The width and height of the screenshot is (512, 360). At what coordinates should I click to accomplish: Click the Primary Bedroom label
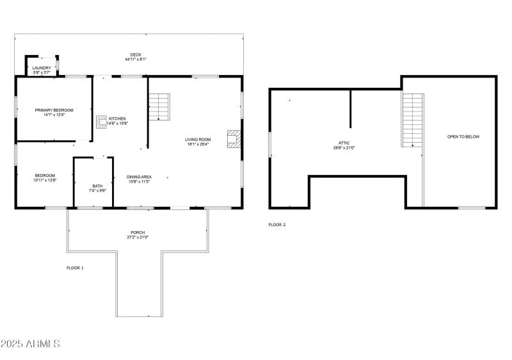tap(54, 110)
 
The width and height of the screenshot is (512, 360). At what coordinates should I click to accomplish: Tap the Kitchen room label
tap(118, 119)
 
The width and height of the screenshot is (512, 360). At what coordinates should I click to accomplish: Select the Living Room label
tap(198, 139)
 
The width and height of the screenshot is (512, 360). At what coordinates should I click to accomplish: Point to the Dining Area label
tap(138, 176)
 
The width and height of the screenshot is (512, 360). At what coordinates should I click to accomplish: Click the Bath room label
tap(97, 186)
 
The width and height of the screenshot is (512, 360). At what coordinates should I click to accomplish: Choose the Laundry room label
tap(42, 68)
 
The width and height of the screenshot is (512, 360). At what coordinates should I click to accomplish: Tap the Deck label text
tap(136, 55)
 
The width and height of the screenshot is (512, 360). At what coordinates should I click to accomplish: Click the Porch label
tap(138, 233)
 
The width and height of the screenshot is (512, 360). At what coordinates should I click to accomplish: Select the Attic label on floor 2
tap(344, 143)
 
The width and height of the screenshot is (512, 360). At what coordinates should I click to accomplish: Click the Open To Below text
tap(463, 137)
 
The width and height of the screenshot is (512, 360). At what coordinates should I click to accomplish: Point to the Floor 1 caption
tap(75, 268)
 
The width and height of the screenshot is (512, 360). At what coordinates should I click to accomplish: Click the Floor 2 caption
tap(276, 225)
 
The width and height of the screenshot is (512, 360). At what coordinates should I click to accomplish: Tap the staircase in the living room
tap(159, 106)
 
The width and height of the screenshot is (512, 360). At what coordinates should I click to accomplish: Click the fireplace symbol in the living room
tap(234, 140)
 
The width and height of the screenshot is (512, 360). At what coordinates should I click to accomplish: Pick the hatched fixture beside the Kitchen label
tap(101, 122)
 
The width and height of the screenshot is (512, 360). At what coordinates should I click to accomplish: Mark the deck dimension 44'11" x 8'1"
tap(136, 60)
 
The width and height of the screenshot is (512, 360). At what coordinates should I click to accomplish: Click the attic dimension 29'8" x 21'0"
tap(344, 148)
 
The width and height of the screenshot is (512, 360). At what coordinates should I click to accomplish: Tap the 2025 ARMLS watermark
tap(31, 344)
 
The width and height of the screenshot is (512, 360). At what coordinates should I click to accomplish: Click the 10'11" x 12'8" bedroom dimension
tap(45, 180)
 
